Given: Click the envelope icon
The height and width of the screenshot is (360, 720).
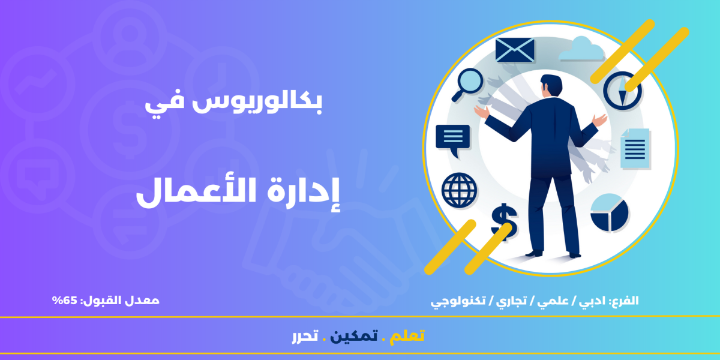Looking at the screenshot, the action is [515, 50].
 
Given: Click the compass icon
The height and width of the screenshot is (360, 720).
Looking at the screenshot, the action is [622, 91].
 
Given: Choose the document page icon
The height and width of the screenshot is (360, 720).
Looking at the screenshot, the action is [635, 149].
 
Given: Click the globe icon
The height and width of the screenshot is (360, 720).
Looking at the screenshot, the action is [460, 190].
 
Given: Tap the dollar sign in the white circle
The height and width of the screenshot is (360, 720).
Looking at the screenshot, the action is [504, 222].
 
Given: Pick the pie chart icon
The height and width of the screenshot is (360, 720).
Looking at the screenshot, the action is [610, 213].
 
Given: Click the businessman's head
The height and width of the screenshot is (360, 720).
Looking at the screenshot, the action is [551, 85].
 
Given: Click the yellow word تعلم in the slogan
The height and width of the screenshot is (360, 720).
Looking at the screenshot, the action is [407, 336].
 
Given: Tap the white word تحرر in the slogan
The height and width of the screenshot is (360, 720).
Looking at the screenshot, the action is [305, 336].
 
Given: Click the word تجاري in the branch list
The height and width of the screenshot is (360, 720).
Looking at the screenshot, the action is [511, 301].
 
